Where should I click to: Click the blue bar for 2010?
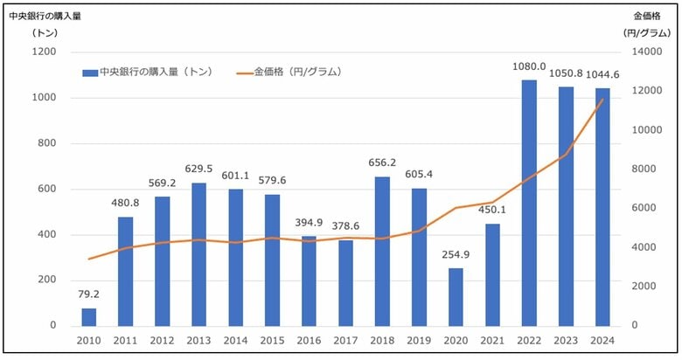click(x=89, y=316)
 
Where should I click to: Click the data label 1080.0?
click(x=529, y=66)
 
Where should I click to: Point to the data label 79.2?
click(x=89, y=294)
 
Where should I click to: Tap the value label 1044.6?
click(x=602, y=74)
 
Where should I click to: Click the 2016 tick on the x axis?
click(x=310, y=341)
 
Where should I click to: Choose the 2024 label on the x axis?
click(x=602, y=341)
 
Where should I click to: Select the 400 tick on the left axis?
click(x=47, y=235)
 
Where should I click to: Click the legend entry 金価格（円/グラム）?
click(x=297, y=72)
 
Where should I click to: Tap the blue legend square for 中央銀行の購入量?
click(x=89, y=73)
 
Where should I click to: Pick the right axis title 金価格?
click(x=648, y=15)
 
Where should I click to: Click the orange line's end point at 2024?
click(x=602, y=100)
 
